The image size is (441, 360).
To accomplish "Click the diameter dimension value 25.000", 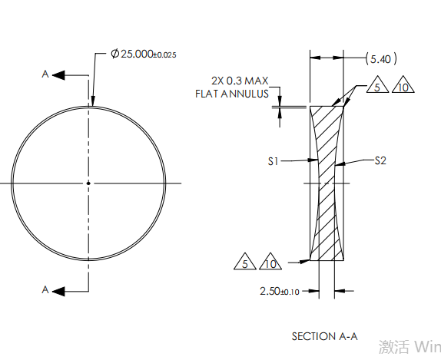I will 137,54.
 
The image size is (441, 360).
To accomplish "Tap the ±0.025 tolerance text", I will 164,55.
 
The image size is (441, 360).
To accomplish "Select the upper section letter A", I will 45,74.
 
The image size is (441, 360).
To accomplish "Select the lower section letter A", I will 45,289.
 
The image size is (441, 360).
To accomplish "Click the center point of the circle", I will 88,183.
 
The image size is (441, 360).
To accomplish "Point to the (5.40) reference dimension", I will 382,58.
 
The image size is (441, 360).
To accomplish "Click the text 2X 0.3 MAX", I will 240,81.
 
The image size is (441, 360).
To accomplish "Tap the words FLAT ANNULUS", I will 232,94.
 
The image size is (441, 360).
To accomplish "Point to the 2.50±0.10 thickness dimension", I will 279,292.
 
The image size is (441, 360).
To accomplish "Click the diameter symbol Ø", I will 114,54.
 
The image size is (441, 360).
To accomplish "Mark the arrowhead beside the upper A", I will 61,74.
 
